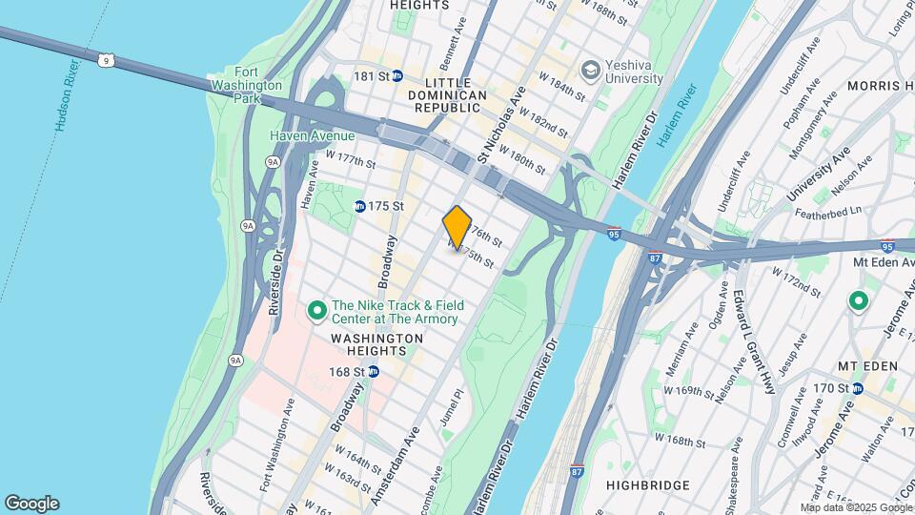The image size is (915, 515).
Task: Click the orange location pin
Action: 457,228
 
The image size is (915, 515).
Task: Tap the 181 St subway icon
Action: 396,75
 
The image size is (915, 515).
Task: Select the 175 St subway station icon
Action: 359,206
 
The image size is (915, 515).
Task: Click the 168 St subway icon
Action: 374,371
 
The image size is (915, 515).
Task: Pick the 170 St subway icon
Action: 858,388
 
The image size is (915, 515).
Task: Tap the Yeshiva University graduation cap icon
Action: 591,69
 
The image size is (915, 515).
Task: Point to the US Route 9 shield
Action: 105,60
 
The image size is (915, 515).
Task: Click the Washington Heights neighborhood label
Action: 377,344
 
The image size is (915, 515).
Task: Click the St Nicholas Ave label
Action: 502,124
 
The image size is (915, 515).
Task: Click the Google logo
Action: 31,504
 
